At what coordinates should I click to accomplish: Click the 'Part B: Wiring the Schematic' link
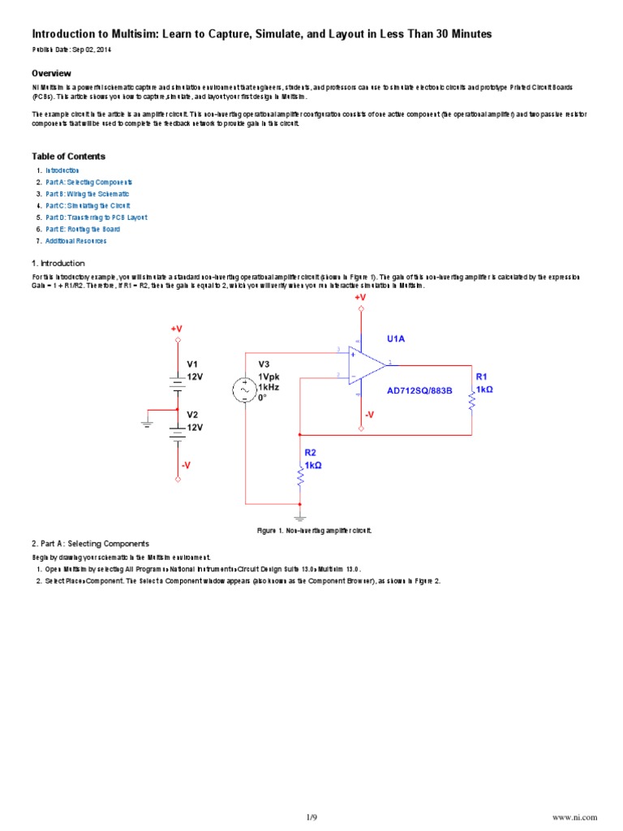(87, 194)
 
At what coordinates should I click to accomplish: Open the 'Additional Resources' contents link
(75, 241)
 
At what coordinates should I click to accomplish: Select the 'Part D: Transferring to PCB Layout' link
(96, 217)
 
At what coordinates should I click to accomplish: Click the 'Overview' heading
(52, 73)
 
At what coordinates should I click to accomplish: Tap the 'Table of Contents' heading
(68, 156)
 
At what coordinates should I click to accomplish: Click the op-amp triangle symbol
(366, 364)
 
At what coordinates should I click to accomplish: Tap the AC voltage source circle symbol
(245, 390)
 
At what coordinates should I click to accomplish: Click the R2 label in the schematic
(310, 452)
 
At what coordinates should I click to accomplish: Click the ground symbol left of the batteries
(146, 422)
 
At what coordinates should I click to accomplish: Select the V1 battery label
(192, 364)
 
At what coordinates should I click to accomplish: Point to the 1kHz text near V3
(269, 388)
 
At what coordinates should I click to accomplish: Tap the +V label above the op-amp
(360, 298)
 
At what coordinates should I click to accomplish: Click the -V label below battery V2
(187, 465)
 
